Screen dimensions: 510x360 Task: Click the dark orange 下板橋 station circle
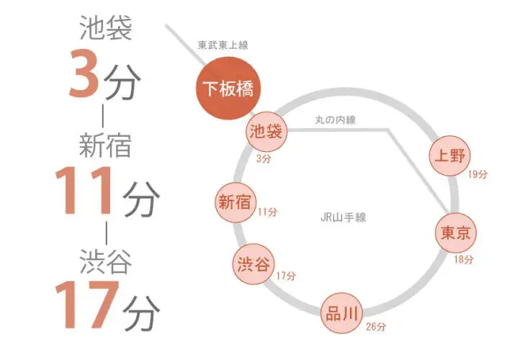pos(228,88)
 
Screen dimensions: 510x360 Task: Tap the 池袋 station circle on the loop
pos(267,132)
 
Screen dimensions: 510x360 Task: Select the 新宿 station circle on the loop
pos(235,202)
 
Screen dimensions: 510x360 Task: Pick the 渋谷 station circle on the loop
pos(254,264)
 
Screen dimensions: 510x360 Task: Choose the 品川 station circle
pos(341,313)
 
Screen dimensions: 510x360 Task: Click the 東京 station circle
pos(456,233)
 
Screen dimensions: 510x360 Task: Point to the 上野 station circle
pos(449,156)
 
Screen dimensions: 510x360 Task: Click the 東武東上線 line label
pos(223,45)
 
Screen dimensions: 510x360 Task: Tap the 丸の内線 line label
pos(336,120)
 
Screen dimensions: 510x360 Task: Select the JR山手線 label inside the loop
pos(343,217)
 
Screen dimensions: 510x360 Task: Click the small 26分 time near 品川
pos(376,326)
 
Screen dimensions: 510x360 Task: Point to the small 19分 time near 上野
pos(478,174)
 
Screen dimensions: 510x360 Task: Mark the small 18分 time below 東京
pos(464,259)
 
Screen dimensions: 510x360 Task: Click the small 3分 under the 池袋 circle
pos(264,158)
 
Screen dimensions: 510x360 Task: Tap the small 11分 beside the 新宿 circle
pos(268,212)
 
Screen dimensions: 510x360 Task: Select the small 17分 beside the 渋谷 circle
pos(286,276)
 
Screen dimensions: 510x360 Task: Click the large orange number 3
pos(84,73)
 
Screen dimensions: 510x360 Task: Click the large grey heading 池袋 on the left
pos(106,28)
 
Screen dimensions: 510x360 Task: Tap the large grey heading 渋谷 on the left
pos(106,262)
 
